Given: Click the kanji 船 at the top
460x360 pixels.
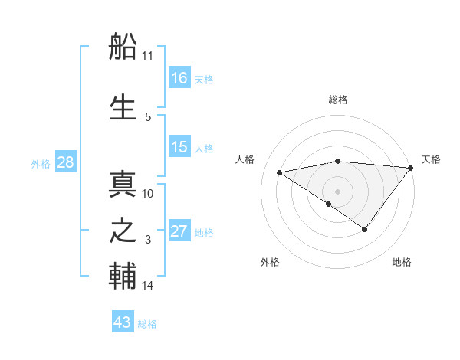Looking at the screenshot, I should [123, 49].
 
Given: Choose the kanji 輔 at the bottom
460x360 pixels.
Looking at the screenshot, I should [123, 277].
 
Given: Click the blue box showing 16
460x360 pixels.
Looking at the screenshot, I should [179, 78].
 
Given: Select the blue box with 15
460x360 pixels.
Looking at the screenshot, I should [179, 147].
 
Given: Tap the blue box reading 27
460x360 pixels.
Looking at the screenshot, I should [179, 231].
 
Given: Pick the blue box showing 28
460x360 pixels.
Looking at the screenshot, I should [65, 162].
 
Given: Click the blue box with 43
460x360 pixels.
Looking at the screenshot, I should [123, 322].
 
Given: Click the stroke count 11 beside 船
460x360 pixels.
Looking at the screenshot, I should [147, 56].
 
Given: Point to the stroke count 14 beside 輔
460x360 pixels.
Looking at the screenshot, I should [147, 286].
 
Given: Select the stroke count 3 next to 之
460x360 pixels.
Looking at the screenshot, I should [148, 241].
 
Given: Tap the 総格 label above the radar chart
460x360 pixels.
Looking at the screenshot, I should [337, 100].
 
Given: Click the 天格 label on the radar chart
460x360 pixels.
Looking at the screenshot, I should [431, 159].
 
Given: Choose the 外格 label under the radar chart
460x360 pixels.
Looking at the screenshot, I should [270, 262].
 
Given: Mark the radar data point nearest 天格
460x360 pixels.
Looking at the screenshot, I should [410, 168].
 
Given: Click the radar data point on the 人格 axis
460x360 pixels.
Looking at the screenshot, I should [280, 172].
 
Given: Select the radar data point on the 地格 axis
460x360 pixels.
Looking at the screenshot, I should [365, 229].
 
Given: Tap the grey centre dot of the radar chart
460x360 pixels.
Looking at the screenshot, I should [337, 191].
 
